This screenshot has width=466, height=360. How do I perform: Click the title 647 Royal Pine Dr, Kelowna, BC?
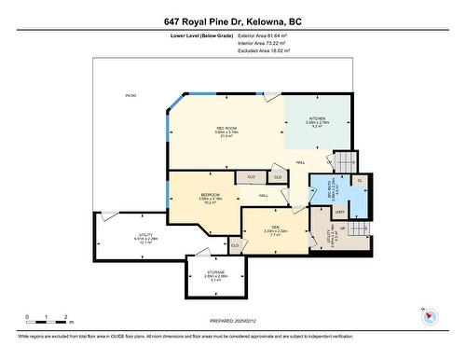tap(232, 21)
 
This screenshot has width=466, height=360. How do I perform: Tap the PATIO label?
tap(131, 96)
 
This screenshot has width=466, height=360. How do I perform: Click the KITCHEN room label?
tap(316, 118)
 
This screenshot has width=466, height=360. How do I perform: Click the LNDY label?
tap(340, 213)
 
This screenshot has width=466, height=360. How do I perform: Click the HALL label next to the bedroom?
tap(264, 196)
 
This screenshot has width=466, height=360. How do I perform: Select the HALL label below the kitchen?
tap(301, 163)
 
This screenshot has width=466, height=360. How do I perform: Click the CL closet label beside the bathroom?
tap(360, 180)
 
